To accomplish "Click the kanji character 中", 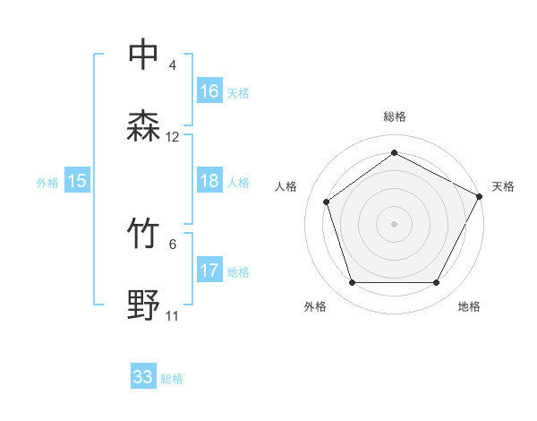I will pos(144,55).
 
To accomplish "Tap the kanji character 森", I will pos(144,126).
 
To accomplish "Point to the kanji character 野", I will pos(144,305).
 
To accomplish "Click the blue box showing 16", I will pos(209,90).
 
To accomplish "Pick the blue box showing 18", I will pos(209,181).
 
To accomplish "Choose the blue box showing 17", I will pos(209,271).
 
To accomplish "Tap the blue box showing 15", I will pos(77,181).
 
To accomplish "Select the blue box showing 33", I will pos(143,377).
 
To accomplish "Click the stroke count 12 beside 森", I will pos(173,137).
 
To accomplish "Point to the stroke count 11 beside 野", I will pos(173,316).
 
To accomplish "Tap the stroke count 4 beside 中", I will pos(173,65).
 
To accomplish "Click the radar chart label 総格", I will pos(395,116).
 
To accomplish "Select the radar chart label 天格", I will pos(503,186).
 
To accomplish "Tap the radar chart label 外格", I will pos(315,306).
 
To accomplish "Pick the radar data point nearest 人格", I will pos(327,202).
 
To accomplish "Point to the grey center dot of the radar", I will pos(395,223).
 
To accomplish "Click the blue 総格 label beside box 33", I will pos(173,379).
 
